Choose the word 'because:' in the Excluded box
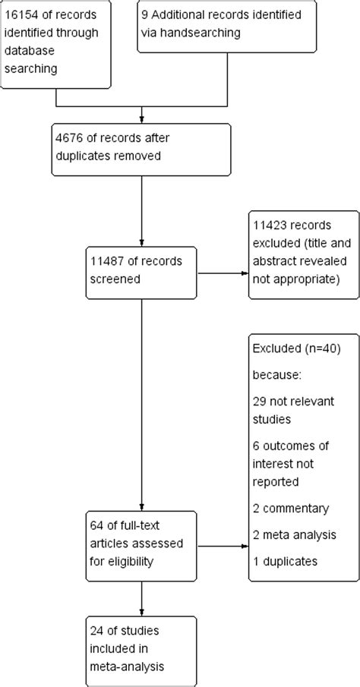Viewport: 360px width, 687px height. (275, 373)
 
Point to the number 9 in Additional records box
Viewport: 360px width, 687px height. (144, 17)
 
